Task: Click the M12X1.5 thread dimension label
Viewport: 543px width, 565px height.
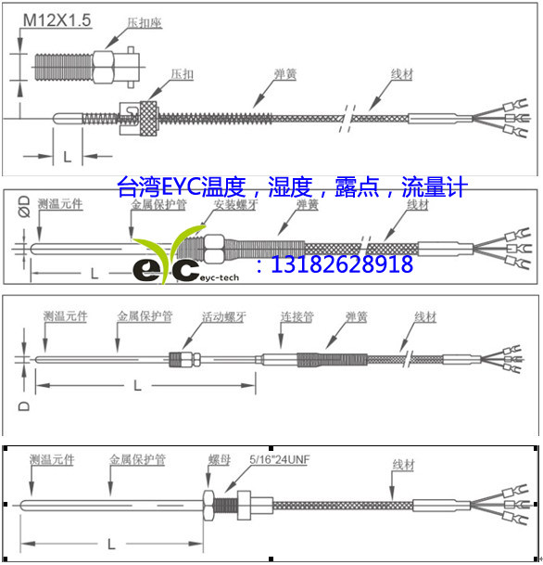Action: (x=55, y=19)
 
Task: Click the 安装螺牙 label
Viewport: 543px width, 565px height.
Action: (x=235, y=204)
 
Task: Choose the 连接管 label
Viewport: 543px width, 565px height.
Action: (x=297, y=317)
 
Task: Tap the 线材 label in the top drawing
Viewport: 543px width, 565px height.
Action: (x=401, y=74)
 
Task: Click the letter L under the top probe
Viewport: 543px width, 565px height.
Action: (x=66, y=154)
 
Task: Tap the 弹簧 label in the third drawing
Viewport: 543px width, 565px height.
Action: (x=356, y=317)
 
